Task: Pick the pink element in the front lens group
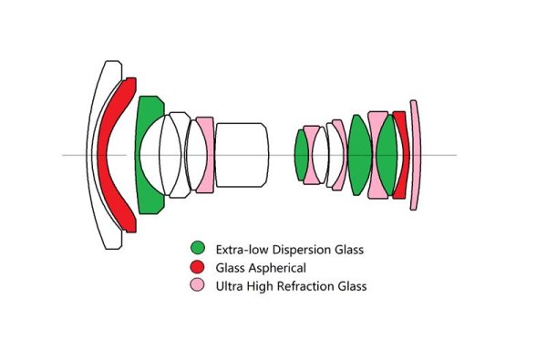pos(206,155)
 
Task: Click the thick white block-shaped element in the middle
pos(241,155)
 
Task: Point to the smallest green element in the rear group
pos(300,155)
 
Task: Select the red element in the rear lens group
pos(399,155)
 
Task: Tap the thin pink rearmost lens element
pos(415,155)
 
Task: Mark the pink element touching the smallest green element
pos(315,155)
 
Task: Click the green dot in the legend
pos(198,248)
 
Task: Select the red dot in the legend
pos(198,267)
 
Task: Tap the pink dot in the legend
pos(198,286)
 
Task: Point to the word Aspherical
pos(277,267)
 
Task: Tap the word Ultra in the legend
pos(229,286)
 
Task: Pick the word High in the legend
pos(260,286)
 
